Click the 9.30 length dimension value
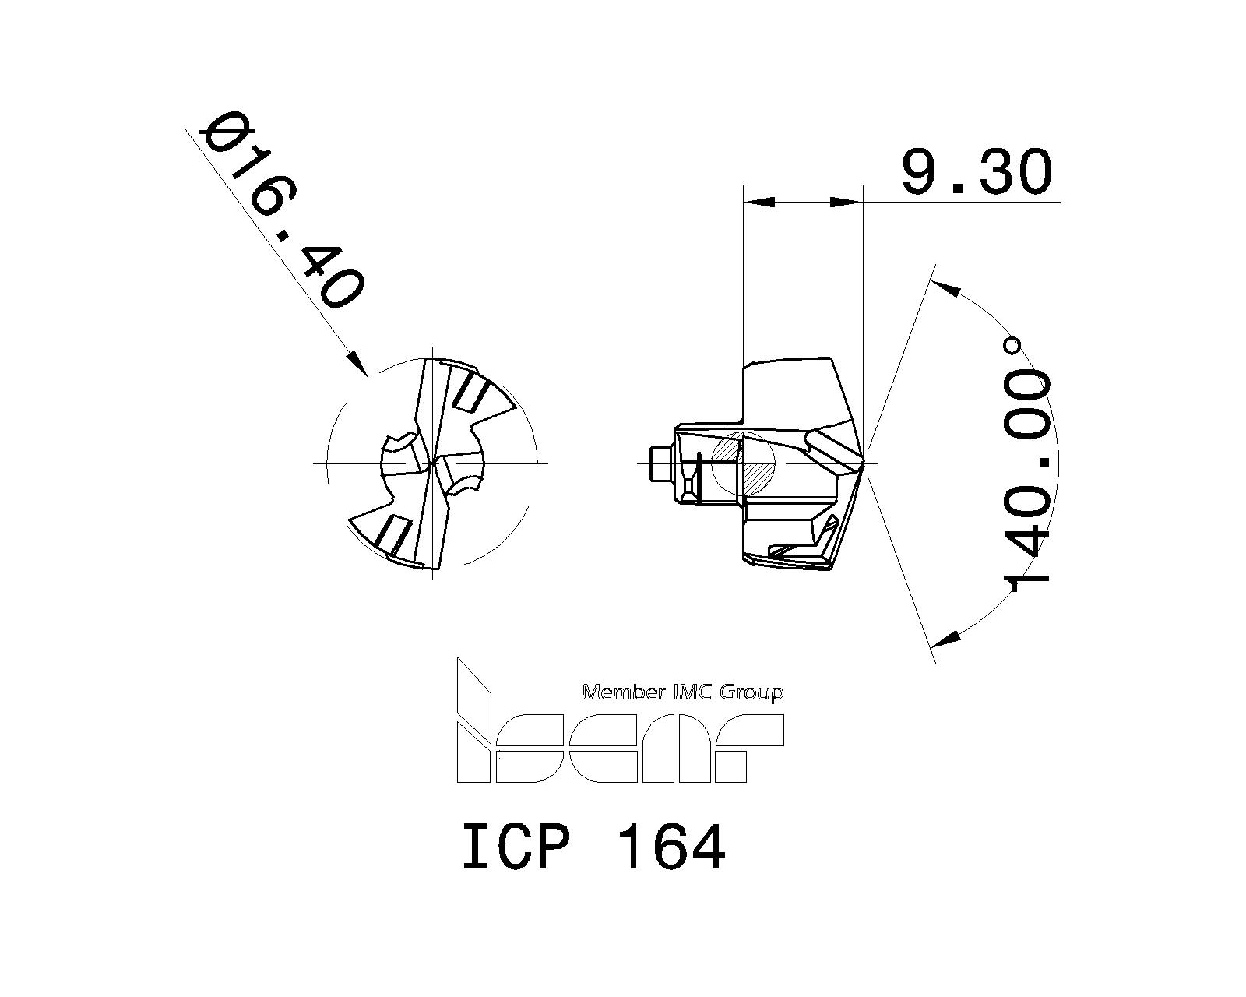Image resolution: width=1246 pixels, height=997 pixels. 977,172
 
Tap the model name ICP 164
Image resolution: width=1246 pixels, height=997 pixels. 593,848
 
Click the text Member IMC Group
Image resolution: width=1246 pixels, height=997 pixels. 683,692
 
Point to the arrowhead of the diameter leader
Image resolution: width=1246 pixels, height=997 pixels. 357,365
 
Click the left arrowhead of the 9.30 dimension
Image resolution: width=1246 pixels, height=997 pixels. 759,203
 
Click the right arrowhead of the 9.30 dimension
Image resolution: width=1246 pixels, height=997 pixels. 847,203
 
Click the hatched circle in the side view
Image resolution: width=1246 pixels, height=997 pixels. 744,463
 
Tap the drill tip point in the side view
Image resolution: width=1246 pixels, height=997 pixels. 864,463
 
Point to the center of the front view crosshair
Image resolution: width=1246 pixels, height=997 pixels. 431,463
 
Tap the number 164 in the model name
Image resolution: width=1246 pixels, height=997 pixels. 671,848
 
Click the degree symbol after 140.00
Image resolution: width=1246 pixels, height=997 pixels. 1013,345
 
